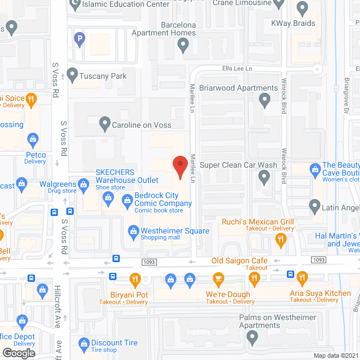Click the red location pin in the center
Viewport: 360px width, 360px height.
tap(179, 166)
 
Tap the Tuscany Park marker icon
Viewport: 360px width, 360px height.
tap(72, 74)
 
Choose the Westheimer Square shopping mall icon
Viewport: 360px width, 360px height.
tap(133, 230)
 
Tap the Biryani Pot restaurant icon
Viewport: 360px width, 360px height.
tap(135, 278)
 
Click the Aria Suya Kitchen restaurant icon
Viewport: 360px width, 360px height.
tap(301, 277)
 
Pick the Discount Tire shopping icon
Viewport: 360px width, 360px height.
tap(83, 343)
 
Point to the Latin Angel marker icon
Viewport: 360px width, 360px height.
tap(315, 207)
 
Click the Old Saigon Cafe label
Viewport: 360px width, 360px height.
tap(239, 260)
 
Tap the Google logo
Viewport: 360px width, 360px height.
tap(19, 353)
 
